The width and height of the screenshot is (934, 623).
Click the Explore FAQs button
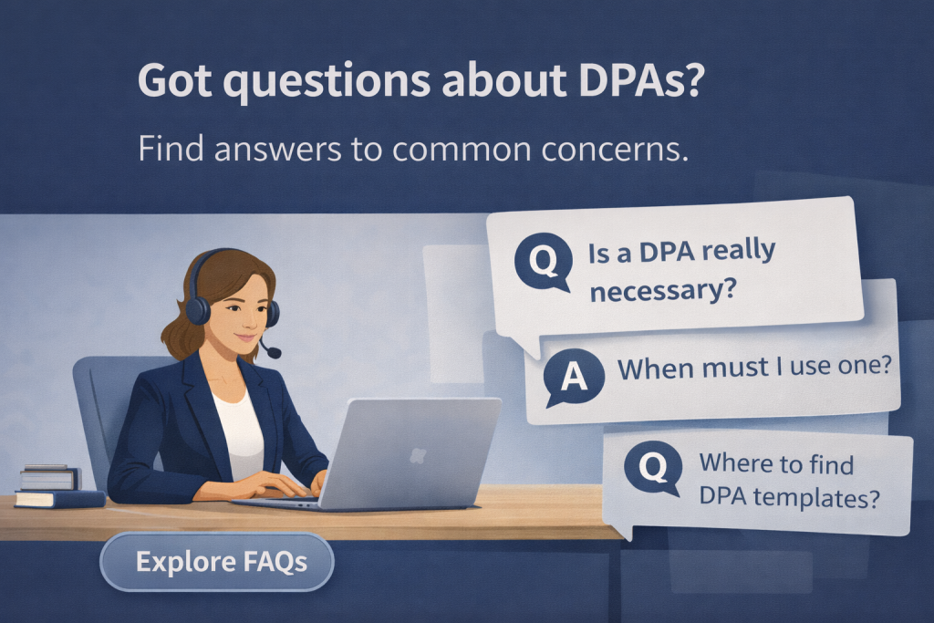pyautogui.click(x=217, y=561)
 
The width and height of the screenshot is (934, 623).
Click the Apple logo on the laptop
pyautogui.click(x=418, y=454)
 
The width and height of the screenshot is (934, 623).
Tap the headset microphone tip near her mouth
pyautogui.click(x=275, y=353)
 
